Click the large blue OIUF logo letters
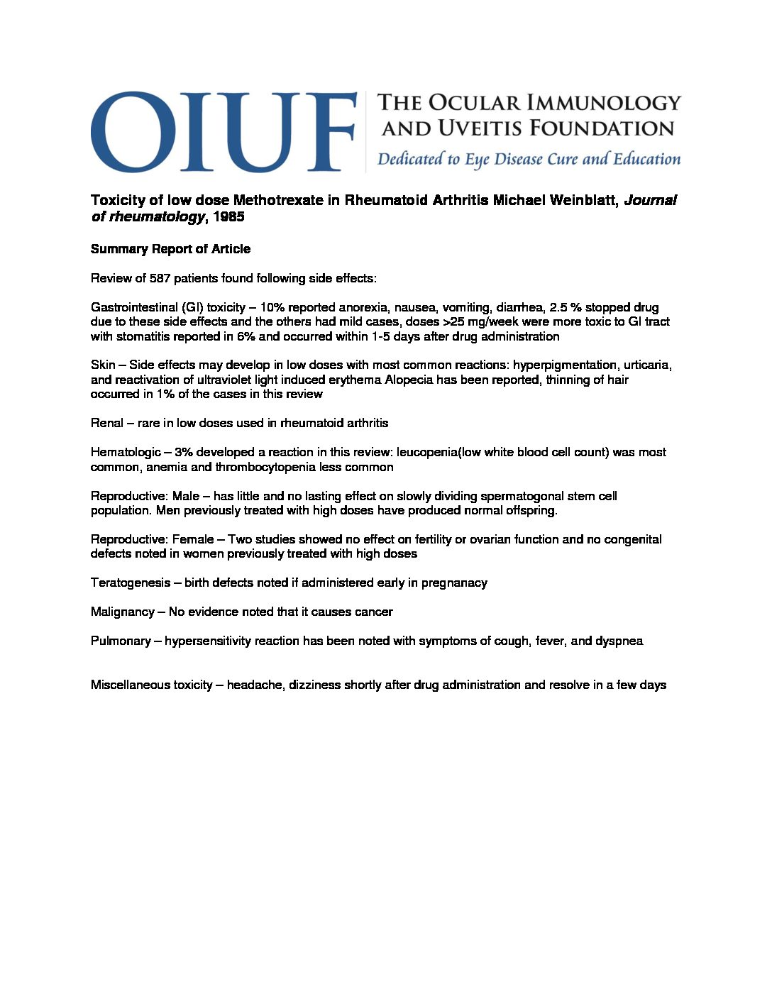[224, 132]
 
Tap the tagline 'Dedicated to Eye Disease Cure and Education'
[529, 159]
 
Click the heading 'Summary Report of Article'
[170, 249]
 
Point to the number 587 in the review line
[160, 278]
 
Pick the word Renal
[106, 423]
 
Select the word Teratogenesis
[131, 583]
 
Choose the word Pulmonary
[121, 641]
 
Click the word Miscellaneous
[151, 685]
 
